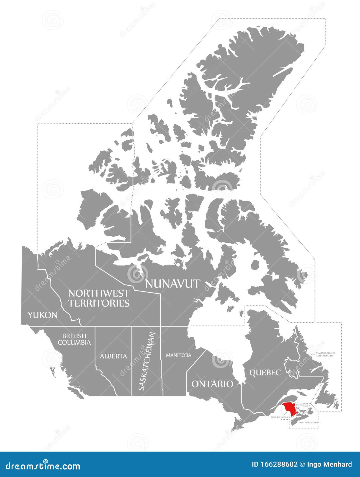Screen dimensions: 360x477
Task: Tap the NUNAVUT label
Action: [173, 283]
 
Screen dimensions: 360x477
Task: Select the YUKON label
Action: [42, 315]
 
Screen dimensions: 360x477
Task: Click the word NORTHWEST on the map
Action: [99, 293]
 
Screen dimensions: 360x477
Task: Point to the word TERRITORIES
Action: [99, 303]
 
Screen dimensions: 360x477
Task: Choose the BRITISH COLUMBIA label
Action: [74, 339]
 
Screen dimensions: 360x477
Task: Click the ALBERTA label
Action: [113, 356]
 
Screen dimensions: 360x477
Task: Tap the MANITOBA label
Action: [178, 355]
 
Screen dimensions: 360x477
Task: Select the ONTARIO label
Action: [212, 384]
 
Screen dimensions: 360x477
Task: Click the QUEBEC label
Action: [265, 372]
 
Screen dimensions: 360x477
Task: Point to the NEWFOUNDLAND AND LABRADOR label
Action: [325, 354]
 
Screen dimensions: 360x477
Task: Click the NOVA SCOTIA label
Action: [312, 423]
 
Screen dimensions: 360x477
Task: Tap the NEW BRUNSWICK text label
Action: [280, 417]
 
